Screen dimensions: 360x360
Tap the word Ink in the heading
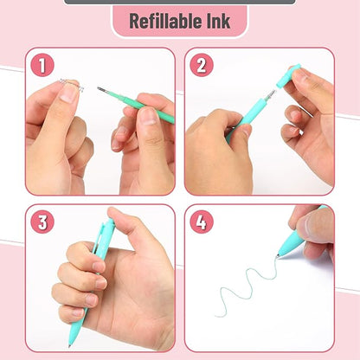click(218, 21)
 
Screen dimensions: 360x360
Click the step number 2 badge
click(202, 66)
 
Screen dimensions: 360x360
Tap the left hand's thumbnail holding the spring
click(67, 94)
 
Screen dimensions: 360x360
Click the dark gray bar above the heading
click(179, 2)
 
